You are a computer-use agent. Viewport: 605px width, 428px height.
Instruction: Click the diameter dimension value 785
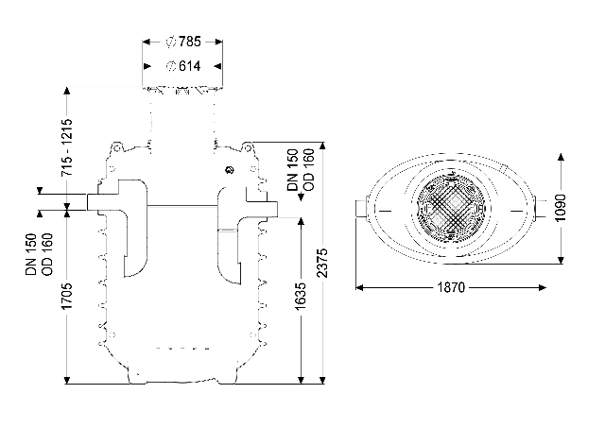pyautogui.click(x=189, y=42)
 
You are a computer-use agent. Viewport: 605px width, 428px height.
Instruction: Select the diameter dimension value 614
pyautogui.click(x=189, y=66)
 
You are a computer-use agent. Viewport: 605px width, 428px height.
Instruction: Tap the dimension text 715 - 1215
pyautogui.click(x=67, y=147)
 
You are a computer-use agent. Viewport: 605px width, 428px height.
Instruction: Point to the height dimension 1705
pyautogui.click(x=67, y=296)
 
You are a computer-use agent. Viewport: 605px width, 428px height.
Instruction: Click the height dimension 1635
pyautogui.click(x=301, y=296)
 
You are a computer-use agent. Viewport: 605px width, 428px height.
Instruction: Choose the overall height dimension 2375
pyautogui.click(x=322, y=263)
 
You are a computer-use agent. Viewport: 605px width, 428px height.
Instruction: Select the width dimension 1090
pyautogui.click(x=561, y=208)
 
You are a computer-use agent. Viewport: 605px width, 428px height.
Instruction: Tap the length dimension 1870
pyautogui.click(x=451, y=287)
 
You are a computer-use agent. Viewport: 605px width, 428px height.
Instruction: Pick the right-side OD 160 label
pyautogui.click(x=309, y=170)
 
